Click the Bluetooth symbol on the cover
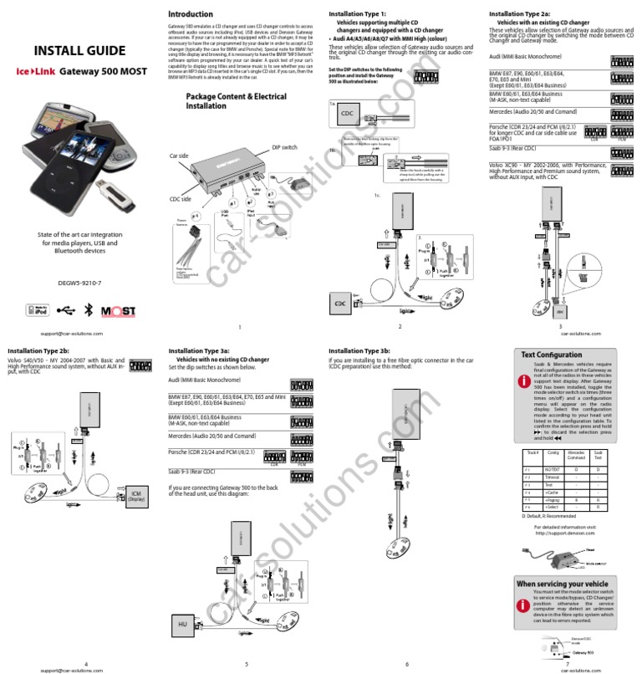tap(93, 310)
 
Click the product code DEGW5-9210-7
tap(79, 283)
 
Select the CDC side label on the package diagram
tap(181, 198)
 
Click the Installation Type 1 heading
tap(358, 14)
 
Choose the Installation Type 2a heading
tap(520, 14)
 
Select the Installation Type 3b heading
tap(359, 351)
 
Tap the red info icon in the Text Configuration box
tap(523, 380)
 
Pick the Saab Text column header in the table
tap(597, 456)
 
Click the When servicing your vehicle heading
tap(563, 583)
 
